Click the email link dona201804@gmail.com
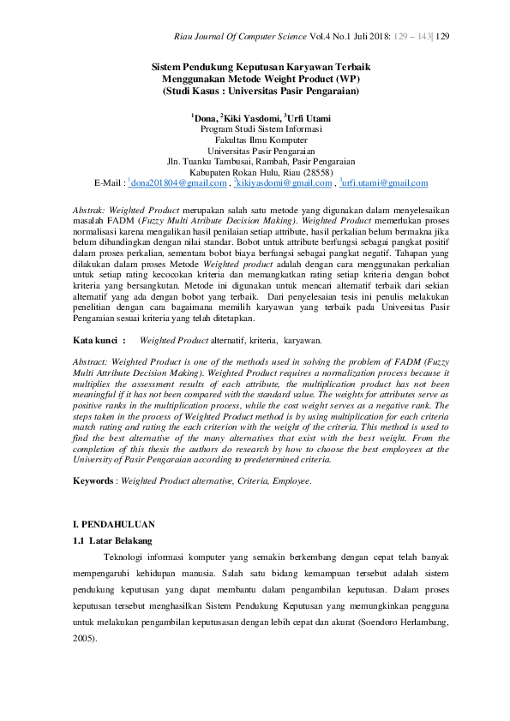[x=179, y=183]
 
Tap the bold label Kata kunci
[x=99, y=340]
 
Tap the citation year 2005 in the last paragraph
[x=84, y=639]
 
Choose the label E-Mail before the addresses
[x=109, y=183]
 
